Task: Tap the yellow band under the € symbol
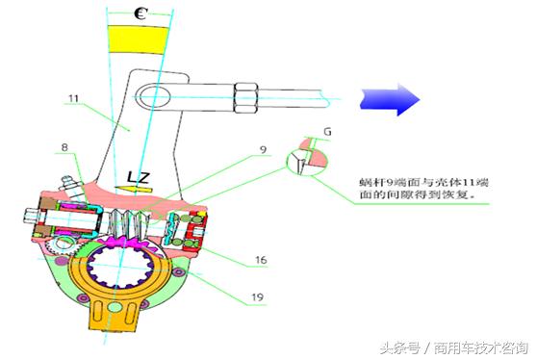140,39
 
